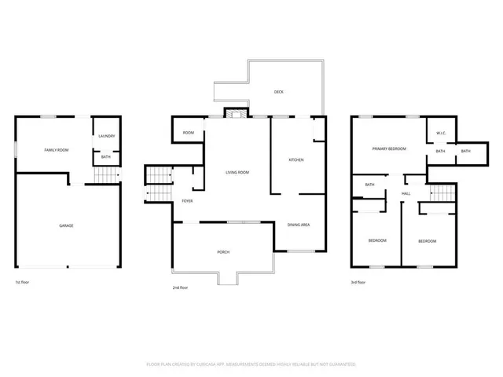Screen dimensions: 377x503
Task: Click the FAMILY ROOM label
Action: coord(56,149)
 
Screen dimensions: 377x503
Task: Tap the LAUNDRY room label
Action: coord(106,137)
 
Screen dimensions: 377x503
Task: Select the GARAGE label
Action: coord(67,225)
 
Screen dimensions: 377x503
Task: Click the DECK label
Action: coord(278,92)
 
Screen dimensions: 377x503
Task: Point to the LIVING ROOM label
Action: coord(237,172)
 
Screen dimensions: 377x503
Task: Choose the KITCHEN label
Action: coord(296,160)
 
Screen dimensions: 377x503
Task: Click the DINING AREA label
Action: coord(299,225)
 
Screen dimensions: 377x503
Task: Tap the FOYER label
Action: coord(187,201)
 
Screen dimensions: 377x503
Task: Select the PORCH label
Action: coord(223,251)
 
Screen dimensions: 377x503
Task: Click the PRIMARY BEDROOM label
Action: coord(389,148)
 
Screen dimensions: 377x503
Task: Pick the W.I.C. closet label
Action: coord(441,134)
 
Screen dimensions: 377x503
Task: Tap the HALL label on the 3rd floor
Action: coord(406,193)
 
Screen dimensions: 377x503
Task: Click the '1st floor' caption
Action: coord(23,282)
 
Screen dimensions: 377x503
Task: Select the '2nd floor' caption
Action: coord(180,287)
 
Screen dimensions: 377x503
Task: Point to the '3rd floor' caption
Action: coord(358,282)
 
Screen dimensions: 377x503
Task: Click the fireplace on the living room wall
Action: coord(232,114)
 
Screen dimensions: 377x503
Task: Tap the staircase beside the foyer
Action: coord(159,185)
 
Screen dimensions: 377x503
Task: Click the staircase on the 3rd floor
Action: coord(442,192)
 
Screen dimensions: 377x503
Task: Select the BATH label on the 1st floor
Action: coord(106,157)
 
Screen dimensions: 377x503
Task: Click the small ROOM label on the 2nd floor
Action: coord(188,133)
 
